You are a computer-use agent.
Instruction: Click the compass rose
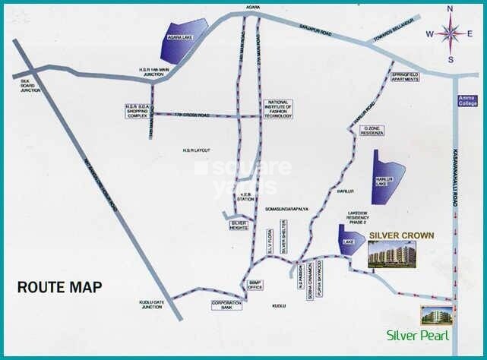coord(450,34)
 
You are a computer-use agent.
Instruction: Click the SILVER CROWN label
coord(401,236)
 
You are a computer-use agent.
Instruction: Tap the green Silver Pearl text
coord(418,336)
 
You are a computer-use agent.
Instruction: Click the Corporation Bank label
coord(226,305)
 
